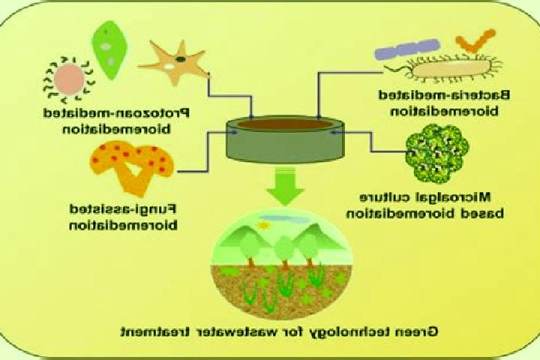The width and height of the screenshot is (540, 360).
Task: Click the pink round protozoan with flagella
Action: click(69, 79)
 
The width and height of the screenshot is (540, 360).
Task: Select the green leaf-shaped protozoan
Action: click(109, 50)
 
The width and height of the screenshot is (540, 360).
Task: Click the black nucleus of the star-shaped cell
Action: click(181, 59)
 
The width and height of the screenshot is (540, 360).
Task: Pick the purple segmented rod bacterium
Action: click(407, 48)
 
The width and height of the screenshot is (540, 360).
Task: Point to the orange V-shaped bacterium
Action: click(475, 41)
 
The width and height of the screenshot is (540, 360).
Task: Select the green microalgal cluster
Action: click(437, 154)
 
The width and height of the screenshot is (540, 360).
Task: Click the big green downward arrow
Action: click(285, 187)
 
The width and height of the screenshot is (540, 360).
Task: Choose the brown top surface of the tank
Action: click(285, 124)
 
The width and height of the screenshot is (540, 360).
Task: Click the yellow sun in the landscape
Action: click(264, 225)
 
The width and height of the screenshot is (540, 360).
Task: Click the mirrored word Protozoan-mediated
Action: click(117, 114)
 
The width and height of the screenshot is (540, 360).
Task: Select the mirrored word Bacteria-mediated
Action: click(444, 95)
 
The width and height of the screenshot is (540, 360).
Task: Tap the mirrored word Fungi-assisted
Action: click(123, 209)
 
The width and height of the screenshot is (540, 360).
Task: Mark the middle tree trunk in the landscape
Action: click(285, 265)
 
